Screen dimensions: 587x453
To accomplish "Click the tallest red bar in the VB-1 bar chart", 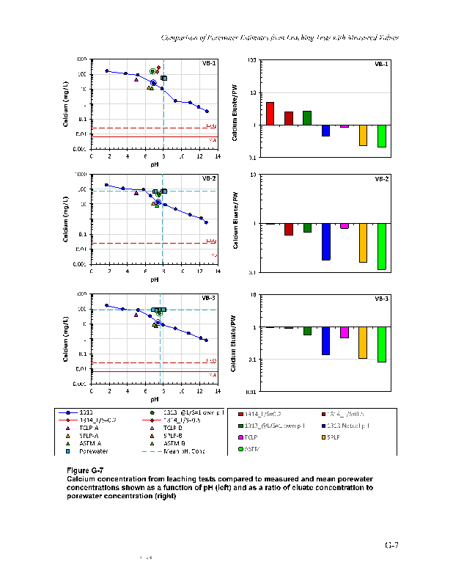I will click(x=270, y=114).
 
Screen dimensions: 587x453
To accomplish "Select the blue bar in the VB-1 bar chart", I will click(x=325, y=131).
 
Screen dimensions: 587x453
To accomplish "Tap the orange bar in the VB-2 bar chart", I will click(x=363, y=242).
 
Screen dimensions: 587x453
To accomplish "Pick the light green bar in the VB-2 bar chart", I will click(x=381, y=247).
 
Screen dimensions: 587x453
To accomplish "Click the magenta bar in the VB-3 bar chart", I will click(x=345, y=332).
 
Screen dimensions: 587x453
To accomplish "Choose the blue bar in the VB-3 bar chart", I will click(x=325, y=341).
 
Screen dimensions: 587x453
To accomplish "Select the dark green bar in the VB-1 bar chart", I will click(x=307, y=118).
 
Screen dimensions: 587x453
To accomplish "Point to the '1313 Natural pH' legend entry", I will click(x=351, y=426).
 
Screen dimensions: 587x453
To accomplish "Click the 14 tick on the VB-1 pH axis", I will click(x=218, y=156).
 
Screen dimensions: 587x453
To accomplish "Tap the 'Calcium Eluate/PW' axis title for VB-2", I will click(x=235, y=223).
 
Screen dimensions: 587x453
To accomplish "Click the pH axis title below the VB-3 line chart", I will click(x=155, y=400).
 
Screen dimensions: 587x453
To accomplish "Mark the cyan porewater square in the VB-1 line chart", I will click(x=164, y=78).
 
